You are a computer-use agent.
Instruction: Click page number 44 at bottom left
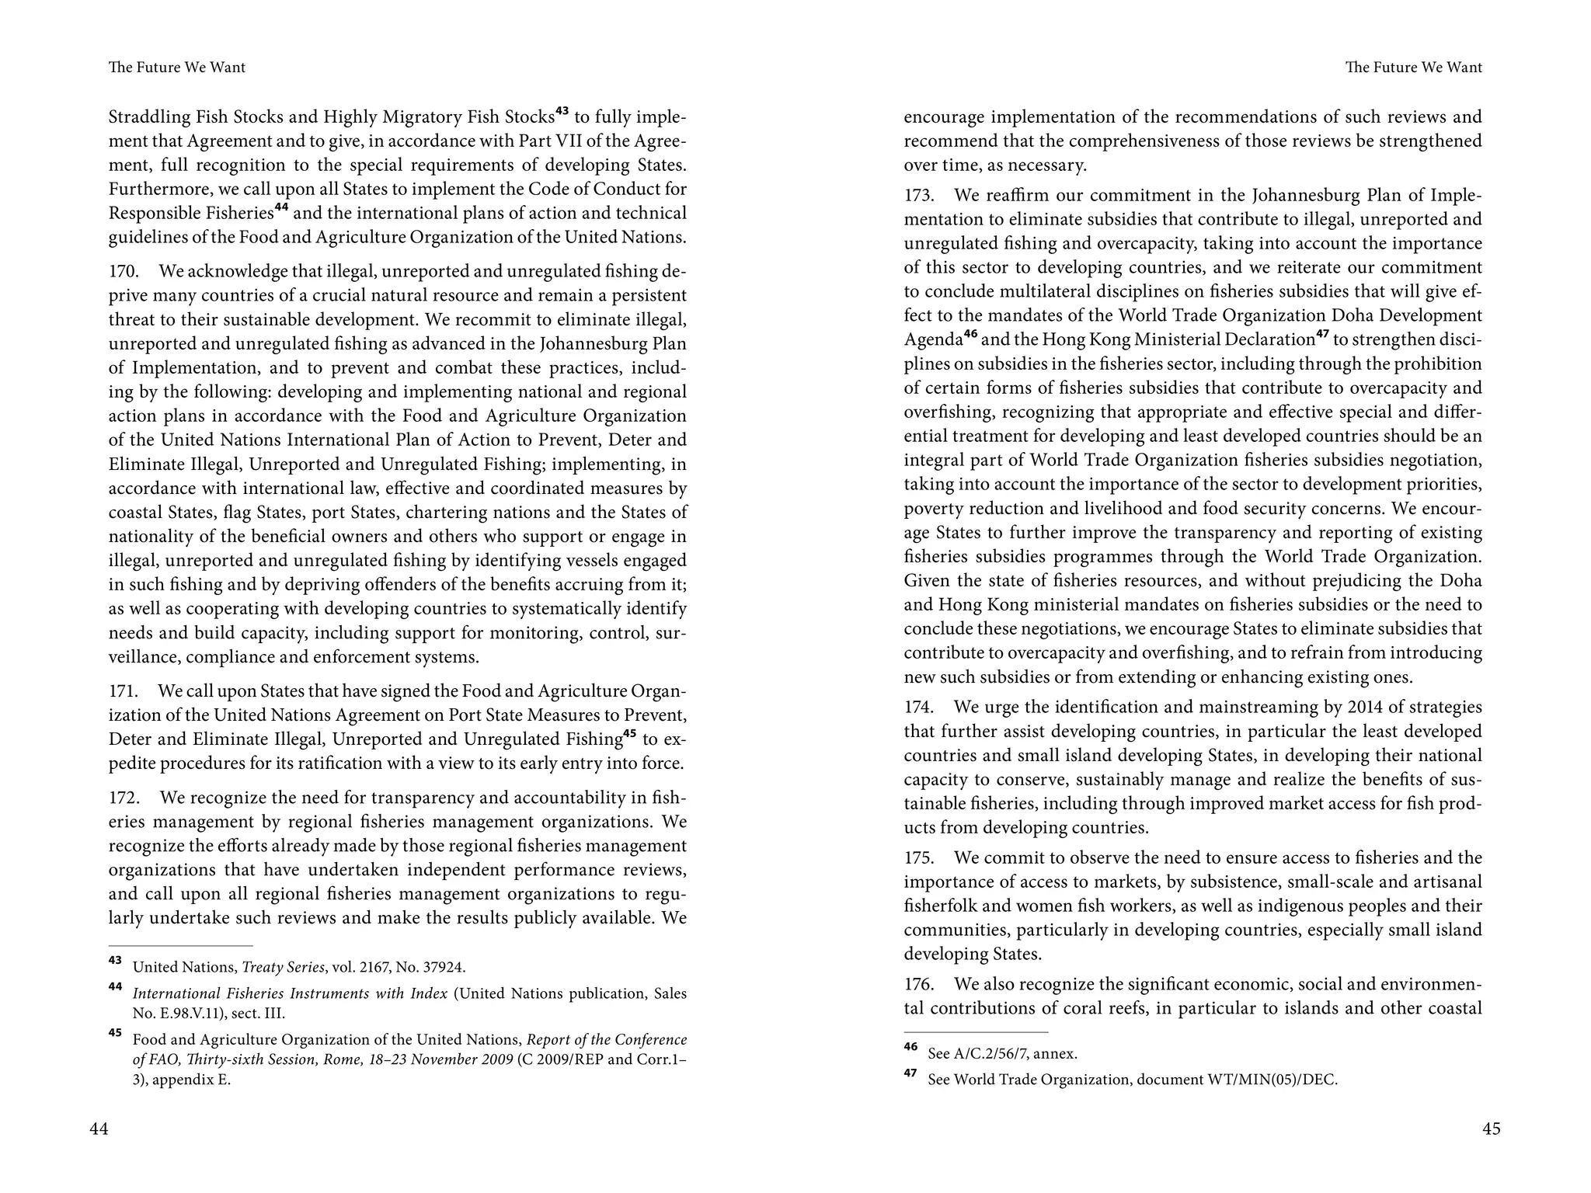[99, 1129]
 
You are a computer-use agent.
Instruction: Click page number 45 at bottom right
[1491, 1129]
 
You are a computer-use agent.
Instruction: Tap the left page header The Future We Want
[177, 68]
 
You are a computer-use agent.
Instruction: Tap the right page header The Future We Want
[1413, 68]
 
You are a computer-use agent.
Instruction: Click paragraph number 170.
[123, 271]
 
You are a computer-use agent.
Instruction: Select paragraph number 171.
[123, 691]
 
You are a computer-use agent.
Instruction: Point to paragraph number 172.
[123, 798]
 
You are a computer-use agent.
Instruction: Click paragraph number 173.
[918, 195]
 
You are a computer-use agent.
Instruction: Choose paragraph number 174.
[918, 708]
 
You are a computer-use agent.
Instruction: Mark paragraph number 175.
[918, 858]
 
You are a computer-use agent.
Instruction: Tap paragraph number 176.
[918, 985]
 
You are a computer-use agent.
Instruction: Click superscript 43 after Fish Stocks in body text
[562, 112]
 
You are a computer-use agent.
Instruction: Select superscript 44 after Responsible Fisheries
[281, 208]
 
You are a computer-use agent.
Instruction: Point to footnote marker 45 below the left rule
[115, 1033]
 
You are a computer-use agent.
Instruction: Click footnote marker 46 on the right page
[910, 1047]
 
